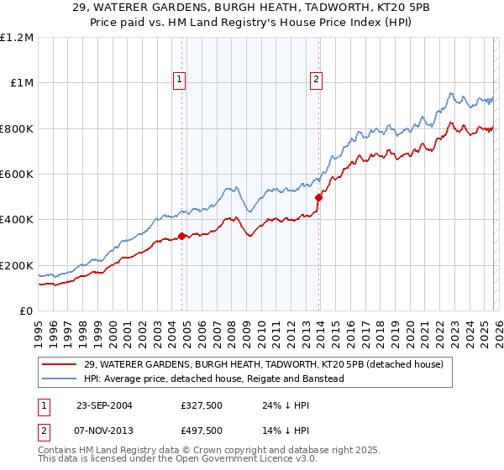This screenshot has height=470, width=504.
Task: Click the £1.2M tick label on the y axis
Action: pos(17,38)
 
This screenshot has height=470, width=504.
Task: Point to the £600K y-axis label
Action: pos(17,175)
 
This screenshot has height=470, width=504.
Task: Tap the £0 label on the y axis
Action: pos(26,311)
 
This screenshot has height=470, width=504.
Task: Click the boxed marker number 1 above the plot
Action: pos(180,80)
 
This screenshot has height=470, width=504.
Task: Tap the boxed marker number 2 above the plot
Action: pos(316,80)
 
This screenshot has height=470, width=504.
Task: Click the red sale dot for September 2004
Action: pos(182,237)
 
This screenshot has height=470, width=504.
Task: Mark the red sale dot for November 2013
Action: pos(318,198)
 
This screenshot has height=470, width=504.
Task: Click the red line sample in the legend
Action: pos(60,364)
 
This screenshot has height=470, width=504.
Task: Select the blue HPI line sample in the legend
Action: pos(60,379)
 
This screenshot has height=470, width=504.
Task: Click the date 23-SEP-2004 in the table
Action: pos(103,405)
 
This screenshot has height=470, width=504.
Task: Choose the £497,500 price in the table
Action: pos(201,430)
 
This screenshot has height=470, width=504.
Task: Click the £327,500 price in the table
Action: pos(201,405)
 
